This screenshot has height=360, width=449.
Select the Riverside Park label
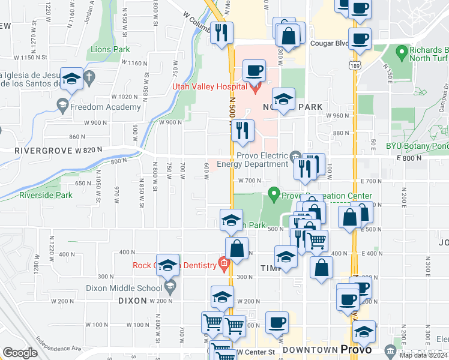pyautogui.click(x=46, y=195)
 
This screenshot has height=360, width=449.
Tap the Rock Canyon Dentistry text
pyautogui.click(x=175, y=266)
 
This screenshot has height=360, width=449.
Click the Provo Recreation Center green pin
pyautogui.click(x=274, y=194)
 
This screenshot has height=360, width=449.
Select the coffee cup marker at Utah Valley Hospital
pyautogui.click(x=254, y=71)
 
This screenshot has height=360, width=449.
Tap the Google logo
pyautogui.click(x=20, y=353)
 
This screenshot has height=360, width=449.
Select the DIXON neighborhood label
pyautogui.click(x=133, y=301)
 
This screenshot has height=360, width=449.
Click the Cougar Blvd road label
pyautogui.click(x=329, y=43)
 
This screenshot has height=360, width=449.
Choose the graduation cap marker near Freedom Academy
pyautogui.click(x=71, y=79)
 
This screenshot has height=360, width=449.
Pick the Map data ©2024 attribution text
pyautogui.click(x=424, y=355)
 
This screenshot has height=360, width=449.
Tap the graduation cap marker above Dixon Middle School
pyautogui.click(x=168, y=265)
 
